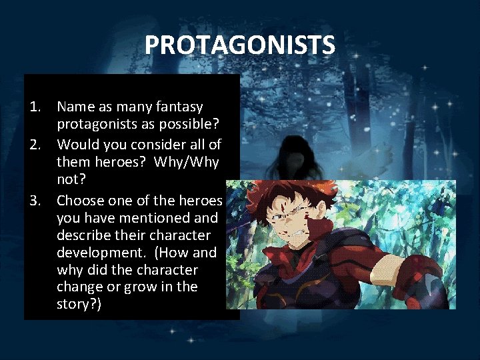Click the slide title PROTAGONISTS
pyautogui.click(x=240, y=46)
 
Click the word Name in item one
pyautogui.click(x=75, y=107)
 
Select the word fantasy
pyautogui.click(x=177, y=107)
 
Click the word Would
pyautogui.click(x=77, y=144)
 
